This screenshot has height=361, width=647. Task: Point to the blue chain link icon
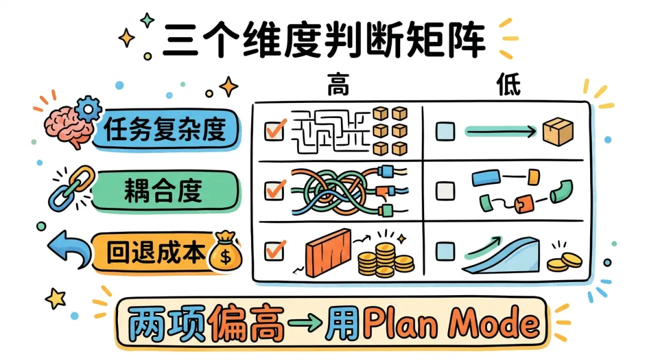[67, 188]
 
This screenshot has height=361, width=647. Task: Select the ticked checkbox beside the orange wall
[274, 250]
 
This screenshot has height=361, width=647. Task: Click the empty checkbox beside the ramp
[444, 250]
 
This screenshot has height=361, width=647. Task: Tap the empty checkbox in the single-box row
[444, 131]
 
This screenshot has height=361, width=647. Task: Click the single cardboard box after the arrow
[558, 131]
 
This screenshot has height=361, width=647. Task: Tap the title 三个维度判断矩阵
[323, 41]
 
